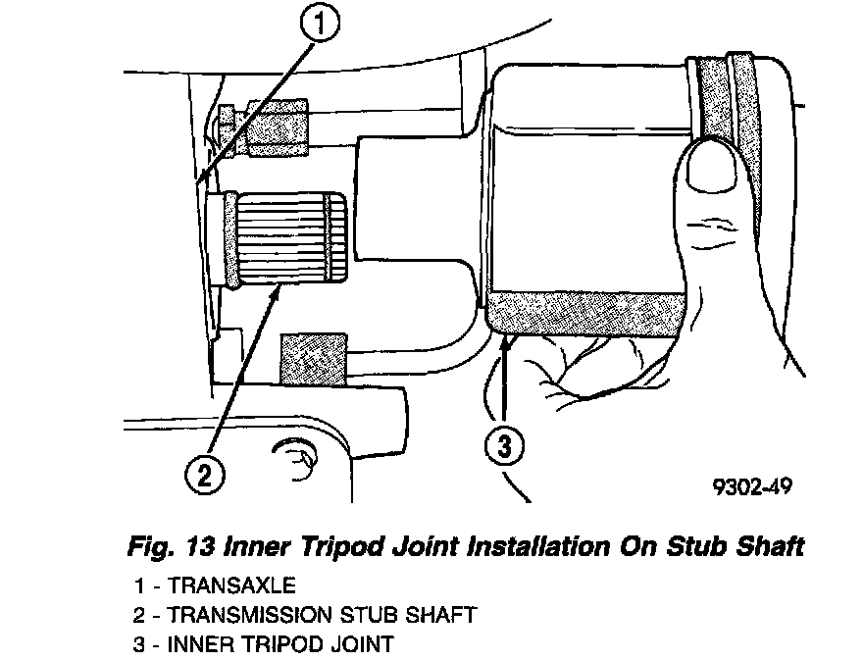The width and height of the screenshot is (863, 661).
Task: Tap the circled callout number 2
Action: [x=203, y=477]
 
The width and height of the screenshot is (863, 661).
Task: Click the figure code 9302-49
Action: [x=754, y=485]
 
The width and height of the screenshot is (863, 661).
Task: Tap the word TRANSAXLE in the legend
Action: [x=231, y=585]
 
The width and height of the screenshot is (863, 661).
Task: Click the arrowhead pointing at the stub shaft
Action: [x=278, y=291]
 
